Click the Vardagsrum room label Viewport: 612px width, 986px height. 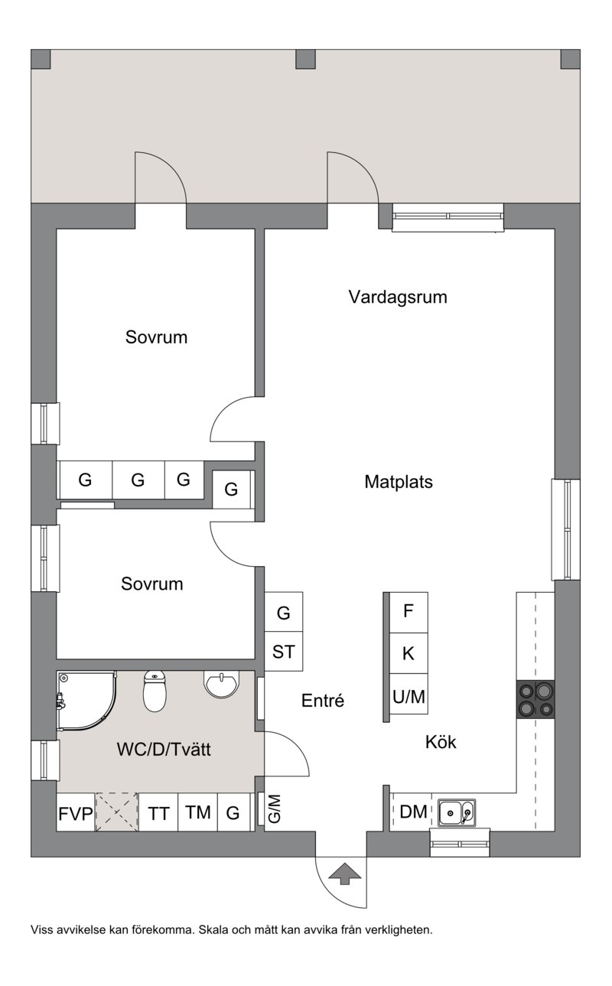point(398,297)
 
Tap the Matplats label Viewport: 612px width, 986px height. point(399,482)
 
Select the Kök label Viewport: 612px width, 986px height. point(441,742)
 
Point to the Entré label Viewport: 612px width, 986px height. point(323,701)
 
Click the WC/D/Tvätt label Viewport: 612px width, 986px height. point(164,749)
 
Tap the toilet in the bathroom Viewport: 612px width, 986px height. point(155,692)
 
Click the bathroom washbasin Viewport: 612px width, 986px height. point(221,685)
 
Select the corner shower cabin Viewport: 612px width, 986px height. point(86,701)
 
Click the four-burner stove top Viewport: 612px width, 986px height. point(535,699)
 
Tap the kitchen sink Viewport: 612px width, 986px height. point(457,812)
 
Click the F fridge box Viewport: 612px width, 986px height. point(409,612)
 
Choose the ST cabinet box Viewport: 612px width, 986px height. point(284,652)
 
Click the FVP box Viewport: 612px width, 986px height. point(76,812)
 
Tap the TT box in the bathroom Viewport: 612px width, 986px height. point(158,812)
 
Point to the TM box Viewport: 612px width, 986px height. point(197,812)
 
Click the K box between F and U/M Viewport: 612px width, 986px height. point(409,653)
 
